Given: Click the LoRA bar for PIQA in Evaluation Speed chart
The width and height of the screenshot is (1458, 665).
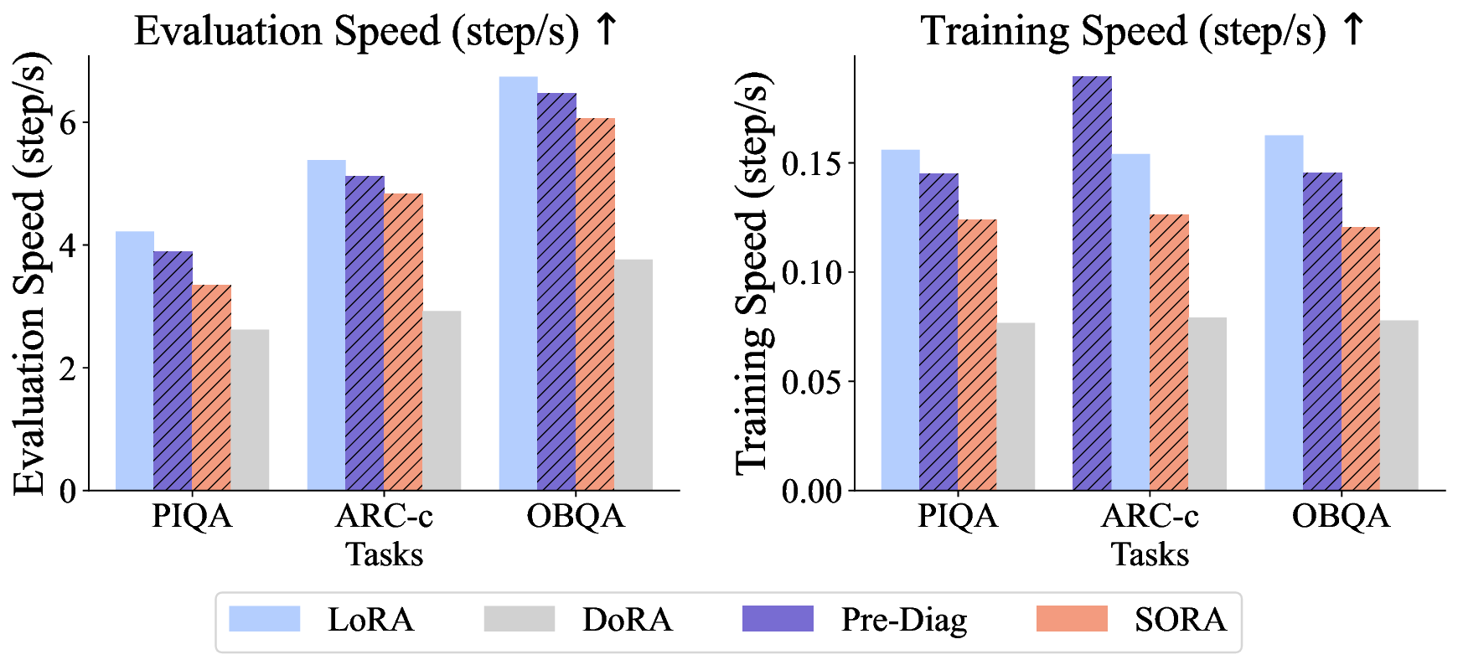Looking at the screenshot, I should point(134,360).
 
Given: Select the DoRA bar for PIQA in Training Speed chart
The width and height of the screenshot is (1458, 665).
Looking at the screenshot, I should point(1016,406).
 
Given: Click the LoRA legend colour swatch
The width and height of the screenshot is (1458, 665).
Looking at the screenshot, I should point(265,619).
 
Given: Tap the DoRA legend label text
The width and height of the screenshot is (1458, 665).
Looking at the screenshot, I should point(628,620).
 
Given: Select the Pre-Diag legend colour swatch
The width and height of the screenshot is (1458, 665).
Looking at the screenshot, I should point(778,619).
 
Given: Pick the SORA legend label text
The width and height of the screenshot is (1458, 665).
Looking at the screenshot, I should point(1180,620).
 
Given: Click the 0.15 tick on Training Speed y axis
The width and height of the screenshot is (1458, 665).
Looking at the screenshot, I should point(811,162).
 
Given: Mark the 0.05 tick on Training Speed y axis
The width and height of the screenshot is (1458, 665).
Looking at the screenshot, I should point(811,381).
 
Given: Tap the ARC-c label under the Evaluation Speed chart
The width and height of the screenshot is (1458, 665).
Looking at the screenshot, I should point(384,516).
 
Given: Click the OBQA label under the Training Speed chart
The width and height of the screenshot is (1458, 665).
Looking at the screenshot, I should point(1341,516).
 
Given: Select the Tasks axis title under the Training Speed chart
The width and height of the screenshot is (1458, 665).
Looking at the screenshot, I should point(1150,554).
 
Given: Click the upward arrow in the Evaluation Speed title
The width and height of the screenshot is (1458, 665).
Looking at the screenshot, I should point(606,30).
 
